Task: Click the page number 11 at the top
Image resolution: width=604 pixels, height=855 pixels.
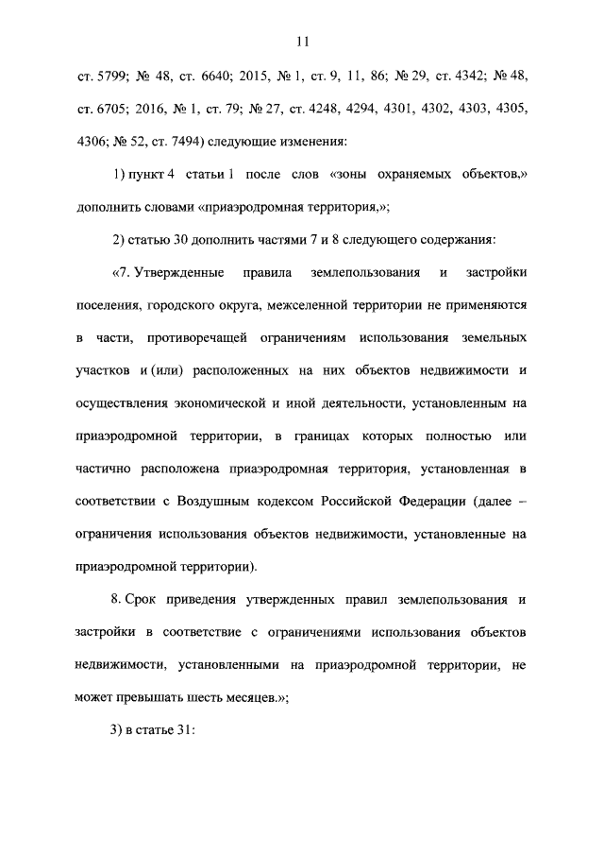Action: pyautogui.click(x=302, y=41)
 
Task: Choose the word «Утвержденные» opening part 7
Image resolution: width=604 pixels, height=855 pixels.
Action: pyautogui.click(x=180, y=274)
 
